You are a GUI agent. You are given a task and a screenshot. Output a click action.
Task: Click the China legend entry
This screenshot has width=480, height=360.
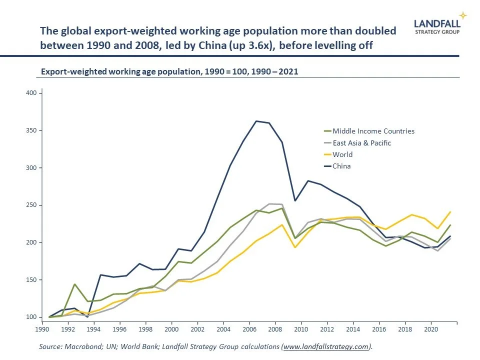[341, 166]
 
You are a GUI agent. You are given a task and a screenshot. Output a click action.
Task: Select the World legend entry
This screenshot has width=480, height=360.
[342, 154]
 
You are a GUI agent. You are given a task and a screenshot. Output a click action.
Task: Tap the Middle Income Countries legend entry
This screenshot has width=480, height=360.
[373, 131]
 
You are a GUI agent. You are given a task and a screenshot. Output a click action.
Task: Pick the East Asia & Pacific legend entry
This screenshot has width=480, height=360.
[361, 143]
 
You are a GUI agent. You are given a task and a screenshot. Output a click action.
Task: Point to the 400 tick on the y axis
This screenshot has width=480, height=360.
[31, 93]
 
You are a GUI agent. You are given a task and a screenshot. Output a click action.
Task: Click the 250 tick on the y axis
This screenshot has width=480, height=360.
[31, 205]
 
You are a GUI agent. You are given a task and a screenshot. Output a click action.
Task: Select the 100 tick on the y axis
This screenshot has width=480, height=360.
[31, 317]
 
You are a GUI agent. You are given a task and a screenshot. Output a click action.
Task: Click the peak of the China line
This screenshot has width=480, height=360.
[256, 121]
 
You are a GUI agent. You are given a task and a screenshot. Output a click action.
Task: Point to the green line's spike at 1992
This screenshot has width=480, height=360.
[74, 284]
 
